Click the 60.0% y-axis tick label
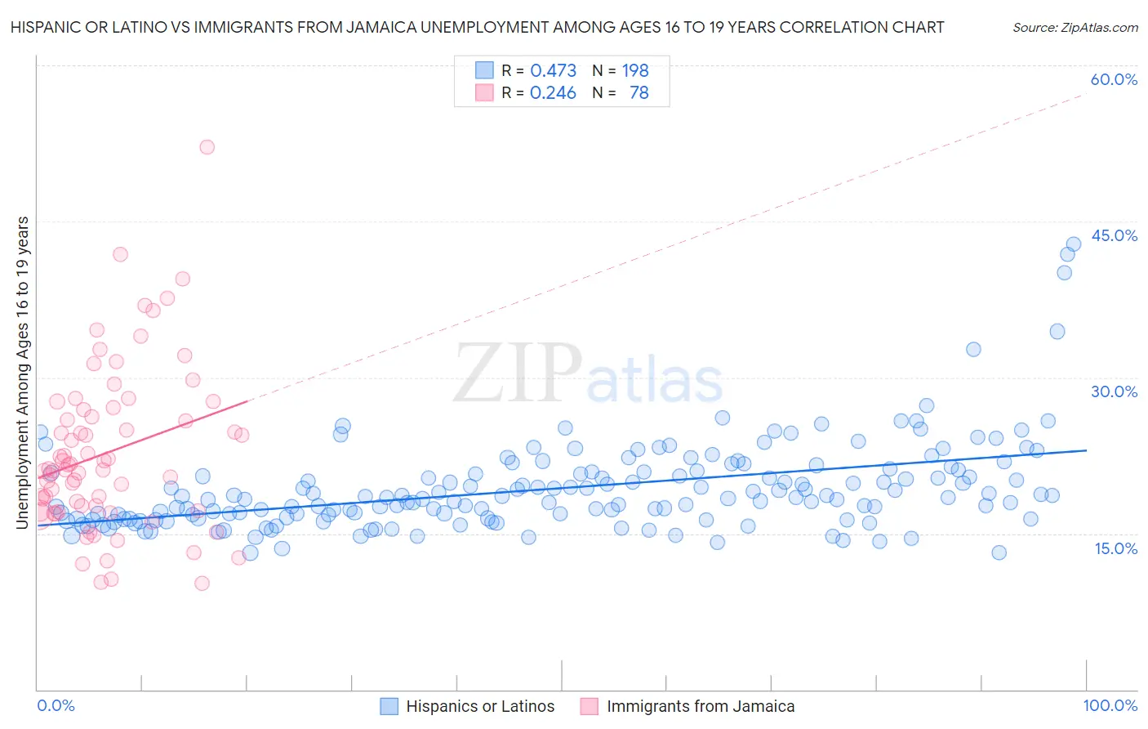pyautogui.click(x=1114, y=79)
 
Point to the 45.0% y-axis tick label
pyautogui.click(x=1114, y=235)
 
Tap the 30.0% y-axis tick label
pyautogui.click(x=1114, y=391)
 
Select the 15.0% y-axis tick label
pyautogui.click(x=1115, y=548)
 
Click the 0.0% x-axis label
pyautogui.click(x=56, y=705)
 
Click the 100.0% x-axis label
pyautogui.click(x=1110, y=705)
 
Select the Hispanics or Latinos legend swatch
pyautogui.click(x=389, y=706)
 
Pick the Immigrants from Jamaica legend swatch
pyautogui.click(x=590, y=706)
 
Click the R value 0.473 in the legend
pyautogui.click(x=553, y=71)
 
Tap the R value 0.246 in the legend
pyautogui.click(x=553, y=93)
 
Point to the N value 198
pyautogui.click(x=635, y=71)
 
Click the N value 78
pyautogui.click(x=639, y=93)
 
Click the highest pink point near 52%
pyautogui.click(x=207, y=147)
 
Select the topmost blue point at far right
pyautogui.click(x=1074, y=244)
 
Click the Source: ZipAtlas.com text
pyautogui.click(x=1075, y=27)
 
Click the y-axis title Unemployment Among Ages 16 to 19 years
pyautogui.click(x=23, y=373)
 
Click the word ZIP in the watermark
pyautogui.click(x=517, y=373)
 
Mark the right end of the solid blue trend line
pyautogui.click(x=1086, y=450)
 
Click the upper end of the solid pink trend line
pyautogui.click(x=247, y=400)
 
